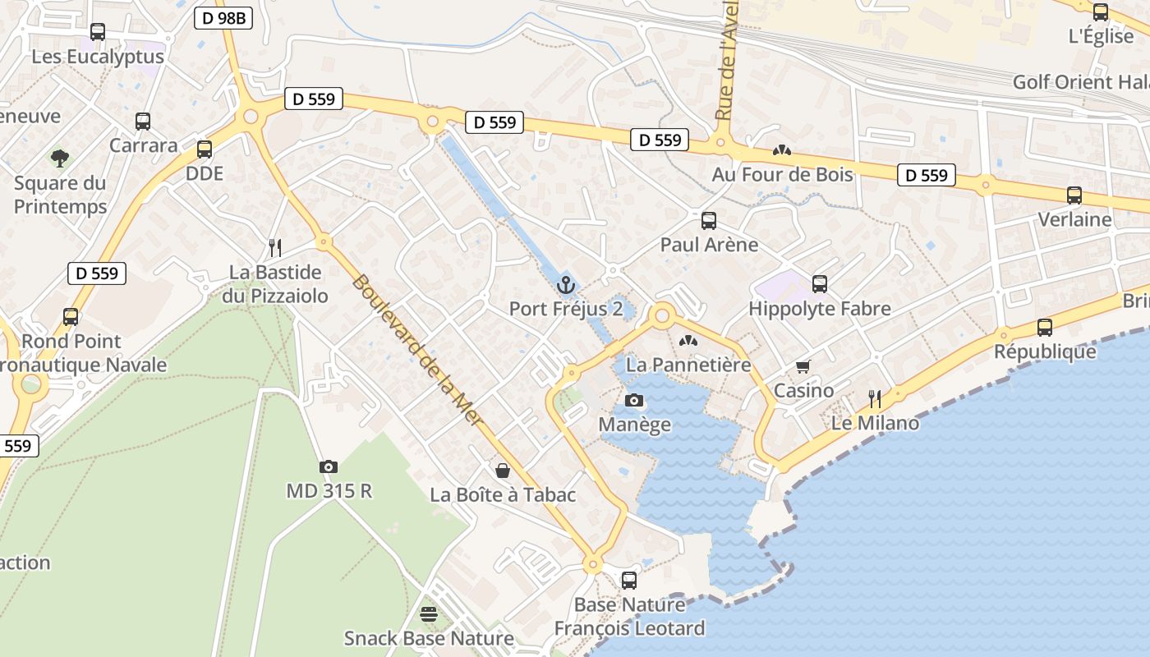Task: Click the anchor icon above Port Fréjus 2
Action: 565,285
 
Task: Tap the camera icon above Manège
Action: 634,401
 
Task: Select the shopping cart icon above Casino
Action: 803,367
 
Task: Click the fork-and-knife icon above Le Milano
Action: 875,399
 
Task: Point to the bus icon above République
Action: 1045,328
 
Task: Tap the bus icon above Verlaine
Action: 1074,195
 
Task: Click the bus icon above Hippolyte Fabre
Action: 819,284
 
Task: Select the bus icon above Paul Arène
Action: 709,220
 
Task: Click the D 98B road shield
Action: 223,18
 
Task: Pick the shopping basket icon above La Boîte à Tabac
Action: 503,471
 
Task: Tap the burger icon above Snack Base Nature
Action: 428,613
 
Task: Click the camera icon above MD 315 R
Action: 329,466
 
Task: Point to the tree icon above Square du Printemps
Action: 60,158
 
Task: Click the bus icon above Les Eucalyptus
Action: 98,32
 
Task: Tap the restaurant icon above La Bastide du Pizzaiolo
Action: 275,247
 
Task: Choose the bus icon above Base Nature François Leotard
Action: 629,580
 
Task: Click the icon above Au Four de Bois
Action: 782,150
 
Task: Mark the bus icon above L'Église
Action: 1101,12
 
